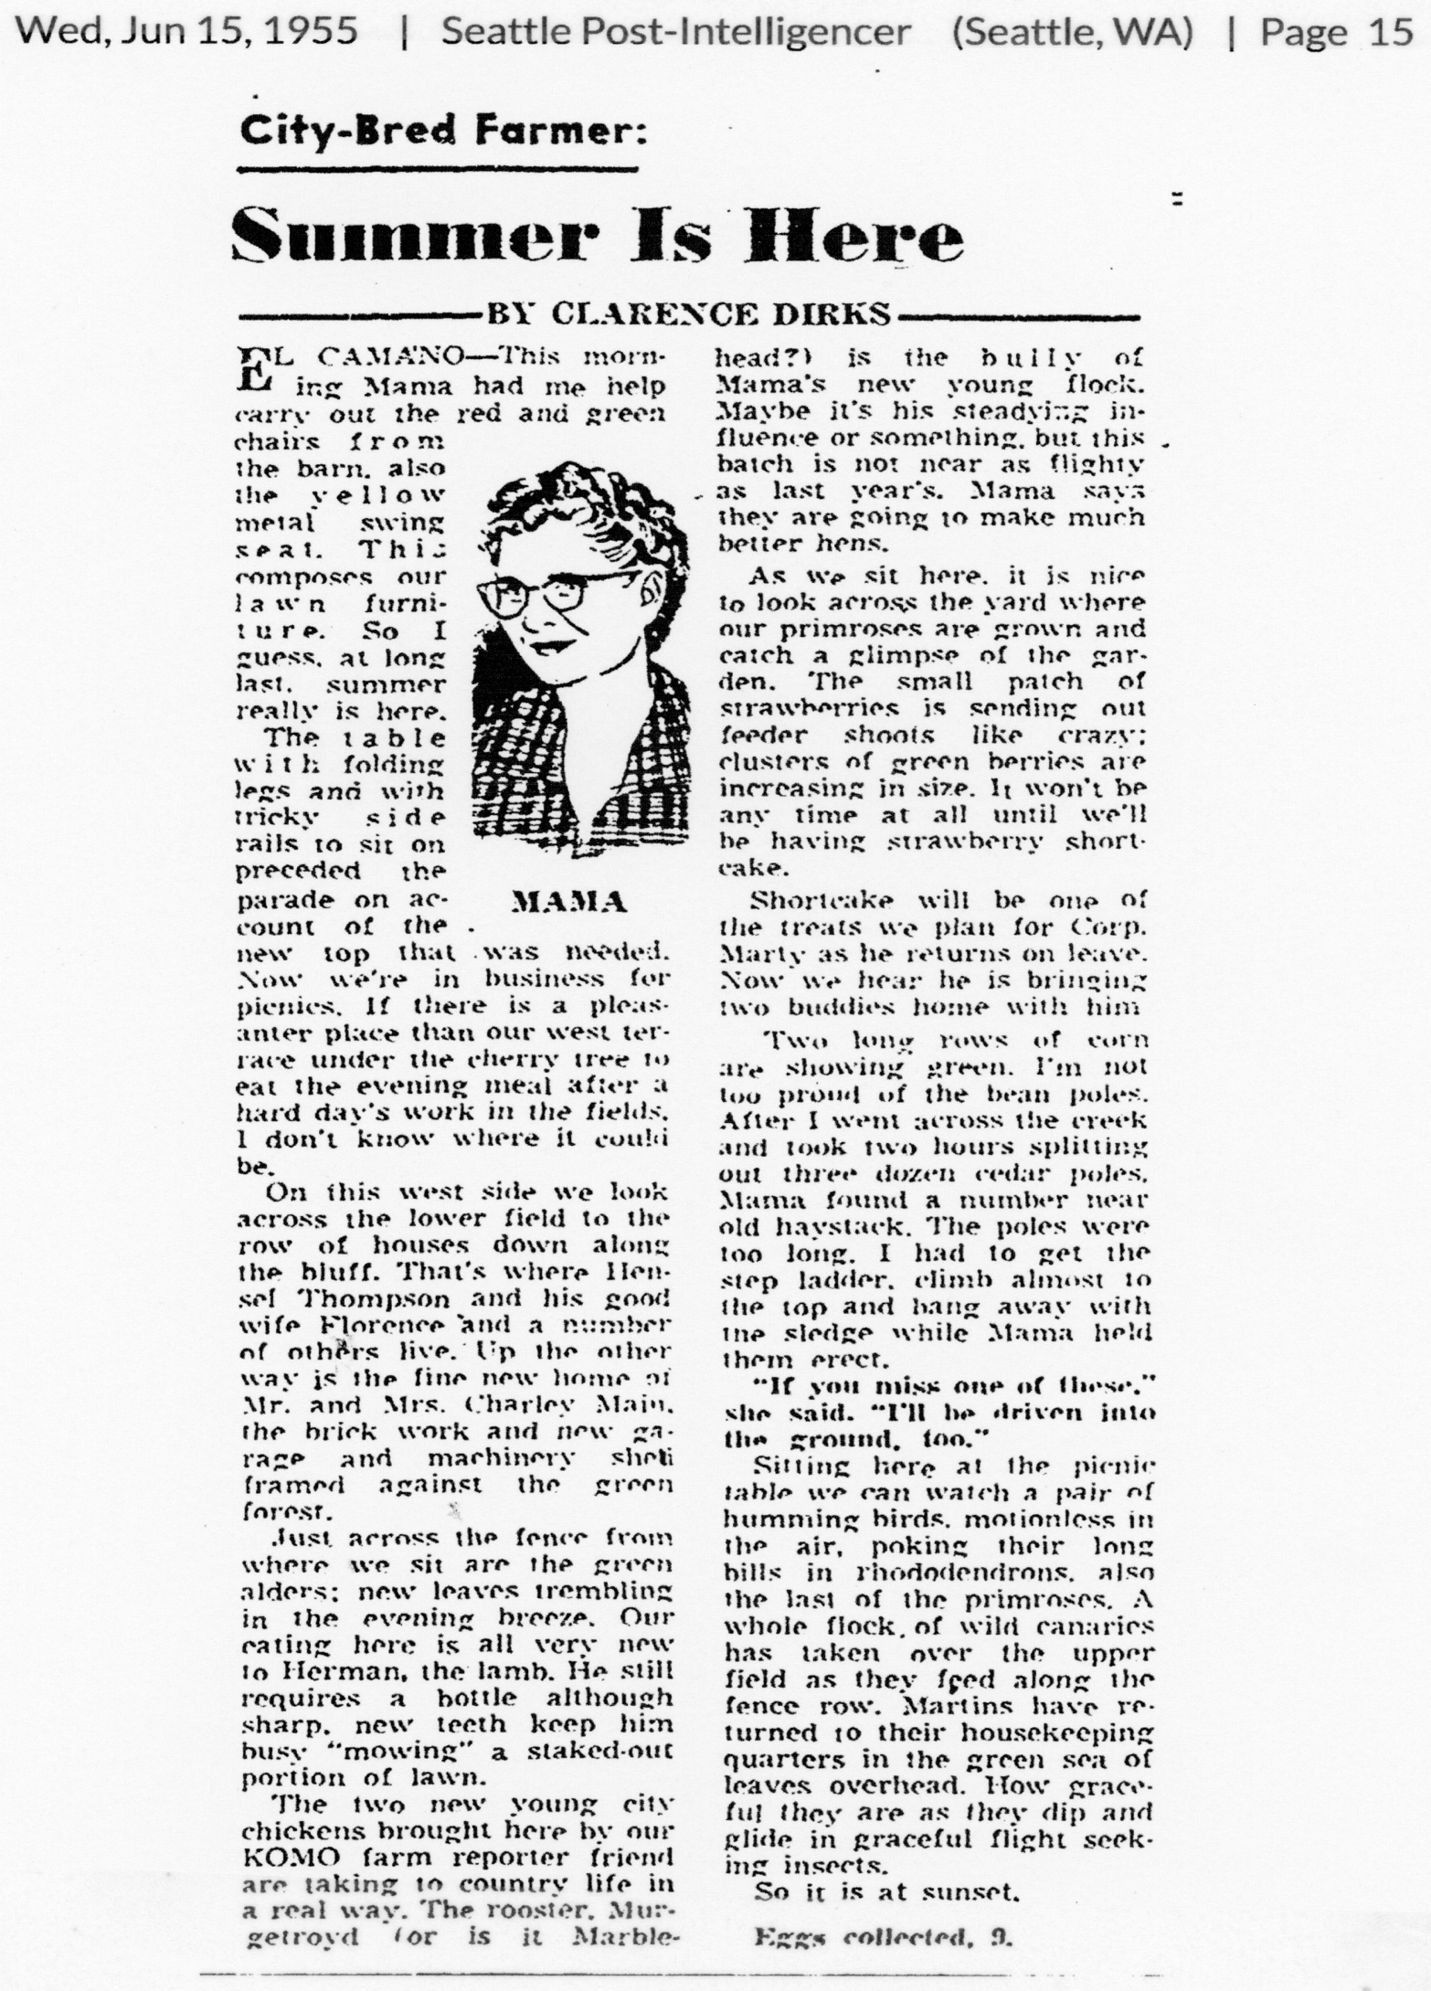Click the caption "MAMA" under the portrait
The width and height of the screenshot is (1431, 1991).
pos(569,903)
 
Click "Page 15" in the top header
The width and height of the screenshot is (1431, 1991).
pos(1336,33)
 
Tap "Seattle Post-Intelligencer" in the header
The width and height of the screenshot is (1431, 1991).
pos(676,33)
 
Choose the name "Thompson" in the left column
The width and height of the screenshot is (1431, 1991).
pos(341,1297)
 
